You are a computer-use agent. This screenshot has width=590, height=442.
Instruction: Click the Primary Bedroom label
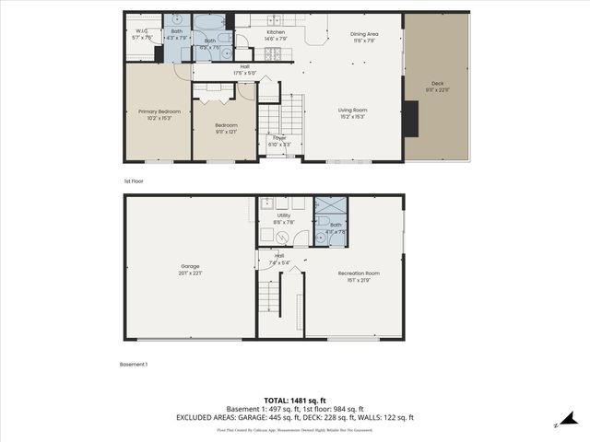159,111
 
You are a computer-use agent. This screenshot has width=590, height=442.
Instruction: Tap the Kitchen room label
276,33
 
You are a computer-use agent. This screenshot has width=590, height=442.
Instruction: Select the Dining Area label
365,34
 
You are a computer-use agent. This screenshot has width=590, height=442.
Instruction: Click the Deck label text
437,85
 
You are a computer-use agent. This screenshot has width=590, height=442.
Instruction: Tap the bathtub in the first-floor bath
212,22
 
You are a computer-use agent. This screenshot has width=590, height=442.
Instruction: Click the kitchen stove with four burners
273,53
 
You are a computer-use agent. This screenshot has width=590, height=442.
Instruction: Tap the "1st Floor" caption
134,181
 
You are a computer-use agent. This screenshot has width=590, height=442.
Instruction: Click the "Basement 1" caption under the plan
134,365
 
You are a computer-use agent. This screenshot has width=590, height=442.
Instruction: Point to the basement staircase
268,297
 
